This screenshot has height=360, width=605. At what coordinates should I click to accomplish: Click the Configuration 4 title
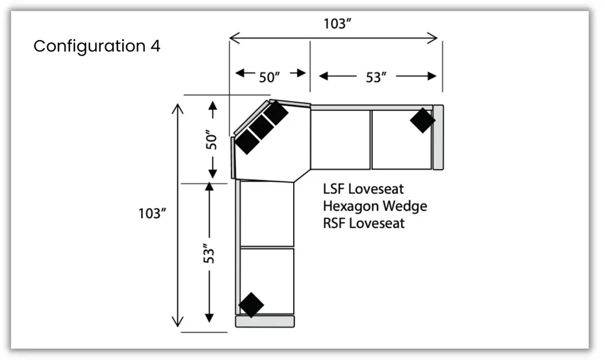(96, 46)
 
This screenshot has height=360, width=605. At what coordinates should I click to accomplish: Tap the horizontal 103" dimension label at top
(339, 24)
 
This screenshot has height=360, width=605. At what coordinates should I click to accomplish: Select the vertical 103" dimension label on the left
(150, 213)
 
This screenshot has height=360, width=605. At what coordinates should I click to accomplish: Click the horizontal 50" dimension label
(269, 77)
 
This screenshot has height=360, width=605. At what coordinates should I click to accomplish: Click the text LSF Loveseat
(363, 189)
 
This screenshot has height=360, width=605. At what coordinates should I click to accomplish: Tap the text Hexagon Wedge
(375, 206)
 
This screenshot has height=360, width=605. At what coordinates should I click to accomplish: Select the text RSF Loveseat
(364, 223)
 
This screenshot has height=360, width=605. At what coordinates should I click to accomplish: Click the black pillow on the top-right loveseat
(422, 120)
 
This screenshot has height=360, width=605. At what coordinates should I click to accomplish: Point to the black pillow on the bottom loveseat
(251, 305)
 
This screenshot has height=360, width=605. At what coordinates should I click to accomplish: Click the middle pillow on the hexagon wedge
(261, 127)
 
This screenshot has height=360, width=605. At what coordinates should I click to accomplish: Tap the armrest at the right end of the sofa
(438, 137)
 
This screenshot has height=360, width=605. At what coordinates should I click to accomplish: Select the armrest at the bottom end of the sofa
(265, 322)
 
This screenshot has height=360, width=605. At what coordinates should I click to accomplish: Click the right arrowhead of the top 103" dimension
(435, 38)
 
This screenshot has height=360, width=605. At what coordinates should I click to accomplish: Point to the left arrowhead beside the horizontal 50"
(239, 73)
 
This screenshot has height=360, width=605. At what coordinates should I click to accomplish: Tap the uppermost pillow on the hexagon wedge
(275, 113)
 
